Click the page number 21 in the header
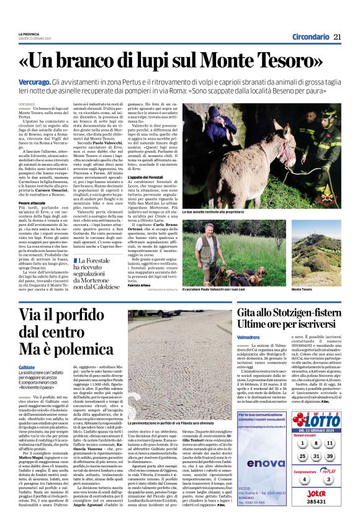tap(338, 37)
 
